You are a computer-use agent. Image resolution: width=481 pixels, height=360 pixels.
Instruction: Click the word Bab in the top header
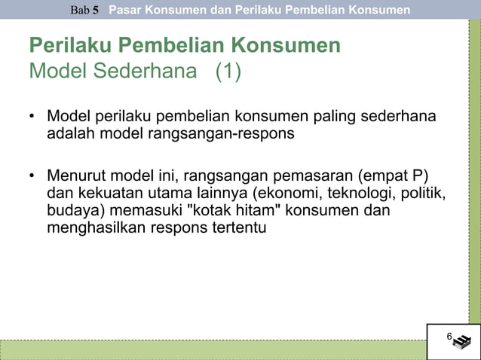click(x=80, y=11)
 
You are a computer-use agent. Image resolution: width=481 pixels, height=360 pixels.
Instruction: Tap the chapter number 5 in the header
click(x=97, y=11)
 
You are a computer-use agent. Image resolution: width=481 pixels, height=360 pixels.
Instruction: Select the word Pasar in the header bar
click(x=125, y=10)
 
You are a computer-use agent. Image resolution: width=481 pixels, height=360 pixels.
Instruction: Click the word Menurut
click(x=75, y=177)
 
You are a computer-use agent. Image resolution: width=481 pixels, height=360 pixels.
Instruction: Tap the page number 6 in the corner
click(x=449, y=336)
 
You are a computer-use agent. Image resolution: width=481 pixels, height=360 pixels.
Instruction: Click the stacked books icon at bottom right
click(x=461, y=341)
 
